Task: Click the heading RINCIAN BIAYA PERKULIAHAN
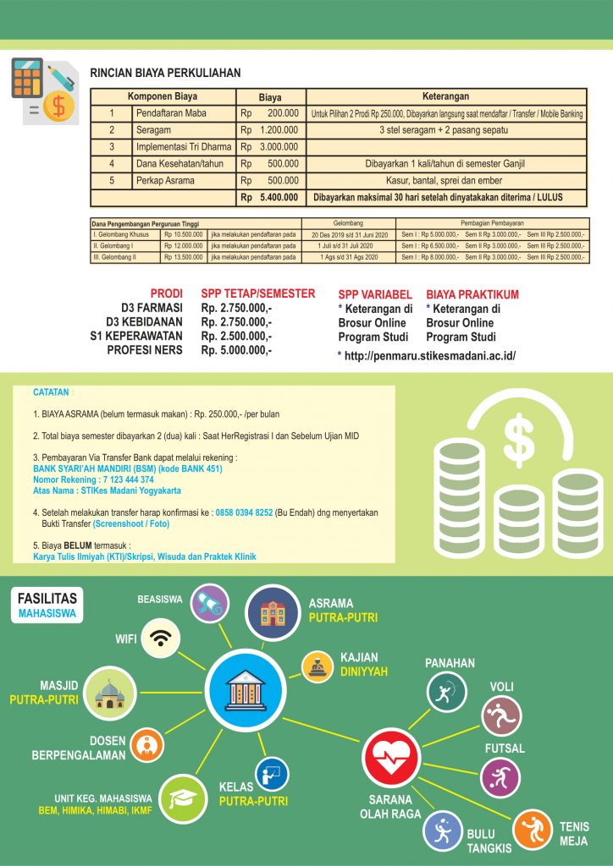(166, 74)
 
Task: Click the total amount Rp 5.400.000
(269, 198)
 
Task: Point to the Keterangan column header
(445, 96)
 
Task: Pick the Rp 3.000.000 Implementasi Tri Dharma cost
(269, 147)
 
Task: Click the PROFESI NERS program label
(145, 349)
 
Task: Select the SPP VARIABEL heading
(374, 294)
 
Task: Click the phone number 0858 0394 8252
(244, 512)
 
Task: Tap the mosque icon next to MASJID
(112, 693)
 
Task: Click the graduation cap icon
(185, 799)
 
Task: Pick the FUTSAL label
(505, 748)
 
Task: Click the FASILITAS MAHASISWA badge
(47, 606)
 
